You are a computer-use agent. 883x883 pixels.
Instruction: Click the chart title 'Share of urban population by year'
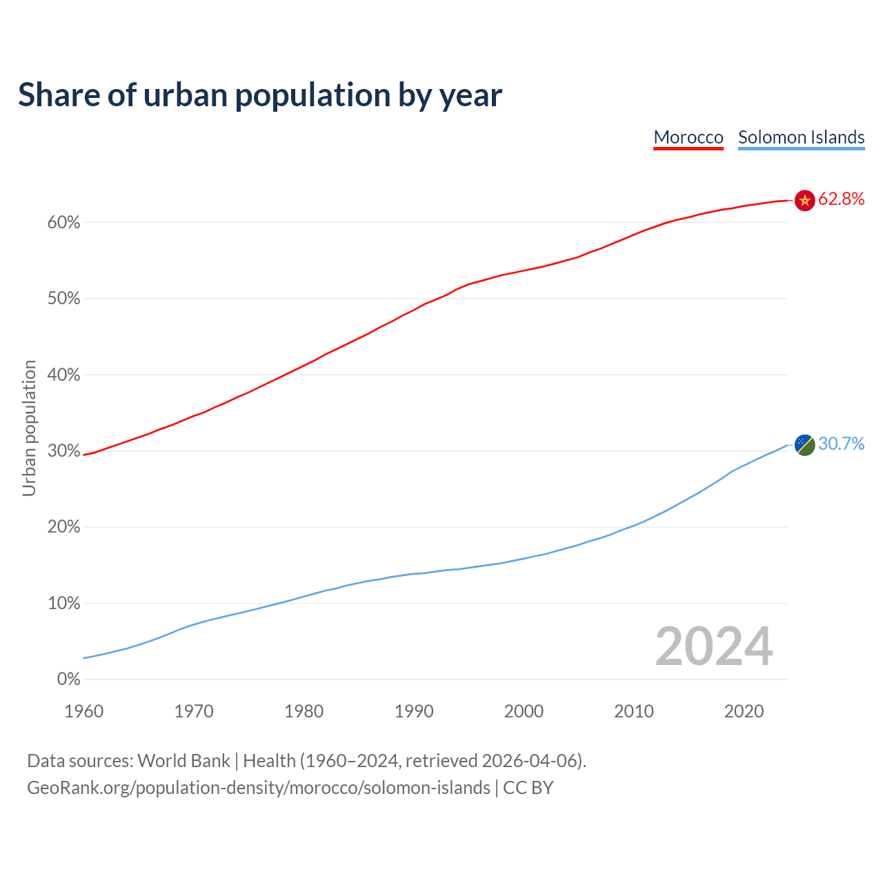pos(260,95)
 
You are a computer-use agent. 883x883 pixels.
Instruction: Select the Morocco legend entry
pos(688,137)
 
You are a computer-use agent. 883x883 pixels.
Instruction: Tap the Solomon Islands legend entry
pos(801,137)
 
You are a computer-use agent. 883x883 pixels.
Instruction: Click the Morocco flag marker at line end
pos(805,200)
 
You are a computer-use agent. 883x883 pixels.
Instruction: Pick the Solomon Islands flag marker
pos(805,444)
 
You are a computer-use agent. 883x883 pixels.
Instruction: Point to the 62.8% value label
pos(842,199)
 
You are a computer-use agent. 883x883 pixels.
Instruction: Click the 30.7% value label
pos(842,444)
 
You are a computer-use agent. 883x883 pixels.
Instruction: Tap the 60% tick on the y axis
pos(64,223)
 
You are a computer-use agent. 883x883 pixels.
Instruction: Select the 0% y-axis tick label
pos(68,679)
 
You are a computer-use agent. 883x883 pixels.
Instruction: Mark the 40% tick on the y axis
pos(64,375)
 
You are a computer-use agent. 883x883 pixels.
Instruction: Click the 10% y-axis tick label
pos(64,604)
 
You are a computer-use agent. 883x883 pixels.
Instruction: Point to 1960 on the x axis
pos(84,711)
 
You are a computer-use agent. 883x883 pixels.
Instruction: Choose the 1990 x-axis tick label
pos(414,711)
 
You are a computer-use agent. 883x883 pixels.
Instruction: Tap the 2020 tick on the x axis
pos(744,711)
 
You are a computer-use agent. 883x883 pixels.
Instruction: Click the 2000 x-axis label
pos(524,711)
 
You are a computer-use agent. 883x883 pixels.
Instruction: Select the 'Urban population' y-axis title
pos(29,428)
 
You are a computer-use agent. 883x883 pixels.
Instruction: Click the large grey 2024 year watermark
pos(714,646)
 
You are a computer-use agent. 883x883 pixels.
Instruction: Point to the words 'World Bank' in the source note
pos(183,761)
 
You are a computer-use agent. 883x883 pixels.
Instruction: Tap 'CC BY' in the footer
pos(528,788)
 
